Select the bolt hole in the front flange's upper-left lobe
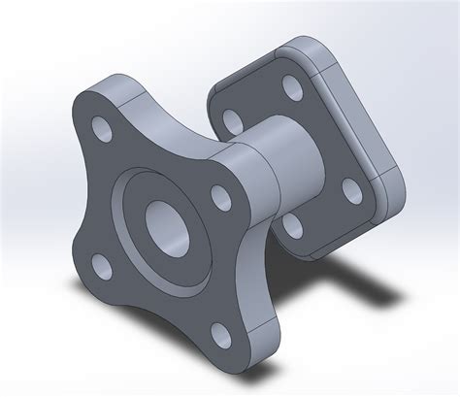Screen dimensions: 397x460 101,127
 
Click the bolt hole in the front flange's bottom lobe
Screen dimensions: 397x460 219,335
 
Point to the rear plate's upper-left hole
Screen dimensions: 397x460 231,121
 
